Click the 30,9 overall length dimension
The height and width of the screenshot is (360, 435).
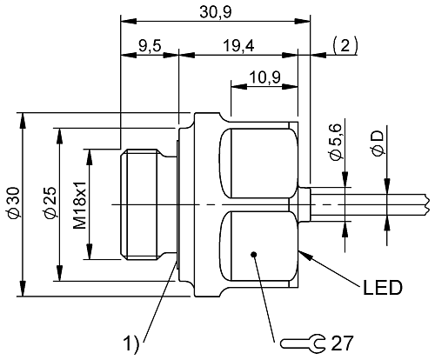click(x=216, y=12)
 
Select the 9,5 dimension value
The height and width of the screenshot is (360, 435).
click(x=150, y=45)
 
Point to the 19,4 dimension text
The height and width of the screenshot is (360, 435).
click(x=238, y=45)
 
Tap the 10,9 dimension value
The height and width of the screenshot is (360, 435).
click(x=264, y=77)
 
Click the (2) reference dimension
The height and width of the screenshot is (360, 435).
click(x=345, y=46)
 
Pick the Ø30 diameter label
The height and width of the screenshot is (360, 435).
click(x=14, y=203)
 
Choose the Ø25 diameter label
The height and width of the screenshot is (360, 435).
click(x=50, y=202)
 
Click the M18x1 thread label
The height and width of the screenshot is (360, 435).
click(x=80, y=205)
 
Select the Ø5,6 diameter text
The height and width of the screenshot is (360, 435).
click(x=337, y=142)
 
